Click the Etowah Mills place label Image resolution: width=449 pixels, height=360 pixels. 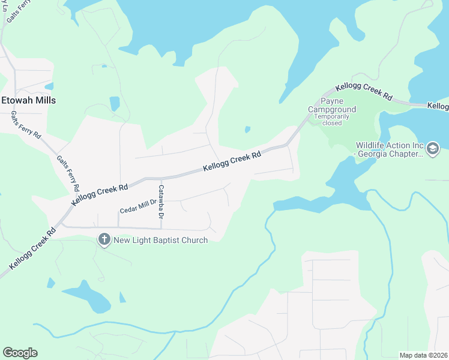point(28,100)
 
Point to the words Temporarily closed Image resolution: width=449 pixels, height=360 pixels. point(332,119)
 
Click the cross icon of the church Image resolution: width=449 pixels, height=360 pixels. point(104,240)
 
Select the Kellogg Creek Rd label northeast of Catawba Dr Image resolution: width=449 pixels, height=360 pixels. point(232,162)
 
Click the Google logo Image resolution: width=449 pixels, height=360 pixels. point(20,353)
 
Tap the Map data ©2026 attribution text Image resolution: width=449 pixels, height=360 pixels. point(423,355)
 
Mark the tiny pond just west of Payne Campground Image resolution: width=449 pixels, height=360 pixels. point(247,128)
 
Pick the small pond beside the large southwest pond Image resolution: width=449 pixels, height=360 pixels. point(122,297)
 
